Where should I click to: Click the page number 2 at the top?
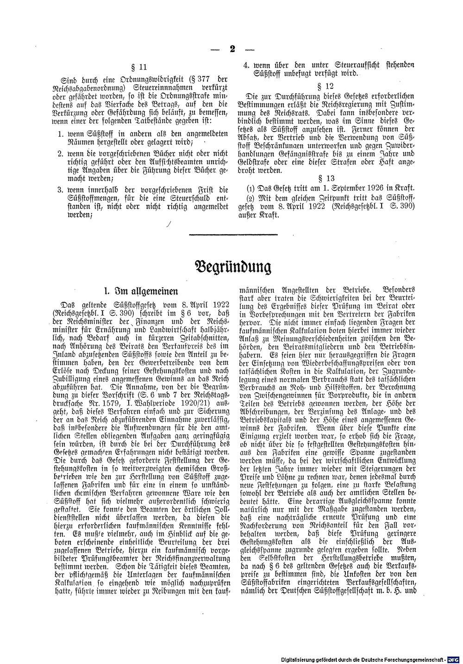[232, 49]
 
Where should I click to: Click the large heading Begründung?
[231, 268]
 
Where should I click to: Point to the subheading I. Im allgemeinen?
[141, 291]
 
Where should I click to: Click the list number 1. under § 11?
[61, 134]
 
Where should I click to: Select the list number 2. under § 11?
[61, 152]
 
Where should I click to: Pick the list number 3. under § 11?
[61, 189]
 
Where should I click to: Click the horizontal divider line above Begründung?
[233, 235]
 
